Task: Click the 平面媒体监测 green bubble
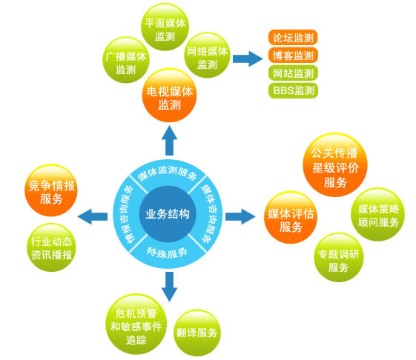pos(165,27)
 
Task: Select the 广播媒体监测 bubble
pos(126,60)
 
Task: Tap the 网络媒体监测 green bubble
pos(207,55)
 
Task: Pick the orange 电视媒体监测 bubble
pos(170,96)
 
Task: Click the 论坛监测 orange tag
pos(293,38)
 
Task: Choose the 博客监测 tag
pos(293,56)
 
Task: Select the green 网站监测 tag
pos(293,73)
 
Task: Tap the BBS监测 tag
pos(293,90)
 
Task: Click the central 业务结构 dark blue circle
pos(168,214)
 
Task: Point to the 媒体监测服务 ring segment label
pos(168,173)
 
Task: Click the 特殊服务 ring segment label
pos(167,253)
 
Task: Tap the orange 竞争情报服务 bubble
pos(51,191)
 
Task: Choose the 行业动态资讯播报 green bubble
pos(51,247)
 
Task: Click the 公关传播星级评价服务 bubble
pos(335,165)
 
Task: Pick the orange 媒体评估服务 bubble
pos(291,217)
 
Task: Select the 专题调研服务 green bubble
pos(339,257)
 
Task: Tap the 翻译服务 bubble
pos(197,333)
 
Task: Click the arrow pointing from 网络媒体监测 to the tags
pos(248,59)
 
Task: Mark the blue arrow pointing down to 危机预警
pos(169,287)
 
